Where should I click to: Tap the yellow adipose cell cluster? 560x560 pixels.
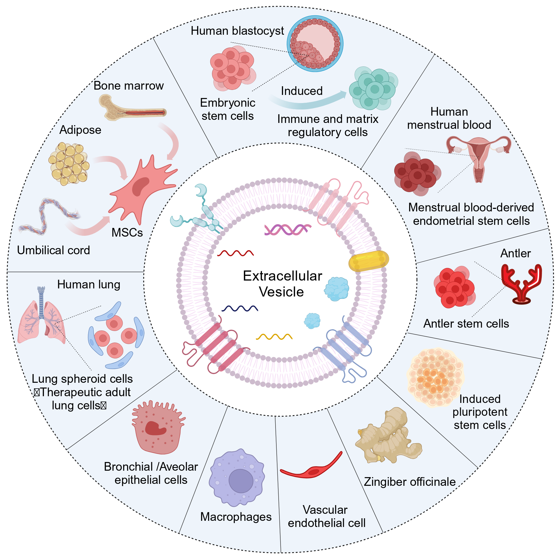coord(69,164)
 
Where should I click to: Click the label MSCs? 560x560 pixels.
coord(127,232)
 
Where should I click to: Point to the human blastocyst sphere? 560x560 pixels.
coord(315,43)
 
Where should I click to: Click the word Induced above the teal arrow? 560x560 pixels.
coord(302,91)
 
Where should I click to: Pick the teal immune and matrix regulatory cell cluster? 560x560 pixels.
coord(373,88)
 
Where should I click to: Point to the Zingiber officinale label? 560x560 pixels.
coord(410,482)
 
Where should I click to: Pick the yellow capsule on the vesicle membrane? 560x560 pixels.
coord(368,261)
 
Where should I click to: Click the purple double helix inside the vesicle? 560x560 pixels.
coord(288,230)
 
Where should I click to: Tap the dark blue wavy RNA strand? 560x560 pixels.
coord(240,308)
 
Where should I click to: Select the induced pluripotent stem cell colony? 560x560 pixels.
coord(435,377)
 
